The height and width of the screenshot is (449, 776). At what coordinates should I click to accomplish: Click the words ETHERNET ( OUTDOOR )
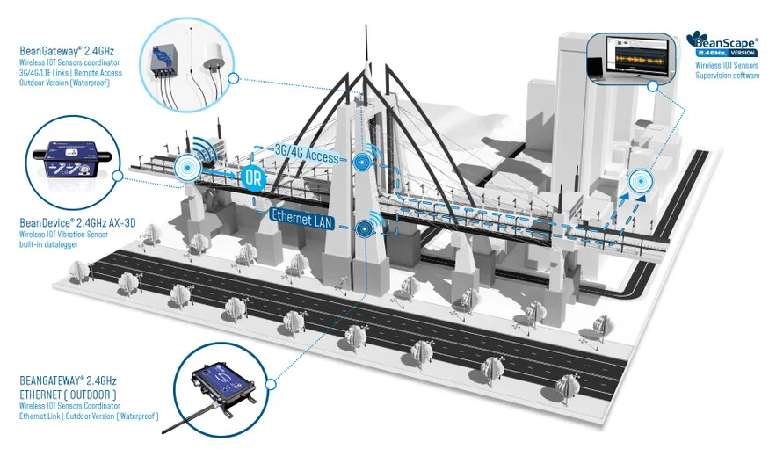coord(68,395)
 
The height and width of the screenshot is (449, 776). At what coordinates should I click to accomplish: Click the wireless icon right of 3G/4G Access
coord(363,161)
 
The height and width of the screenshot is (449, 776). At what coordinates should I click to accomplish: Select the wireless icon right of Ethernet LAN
coord(363,228)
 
